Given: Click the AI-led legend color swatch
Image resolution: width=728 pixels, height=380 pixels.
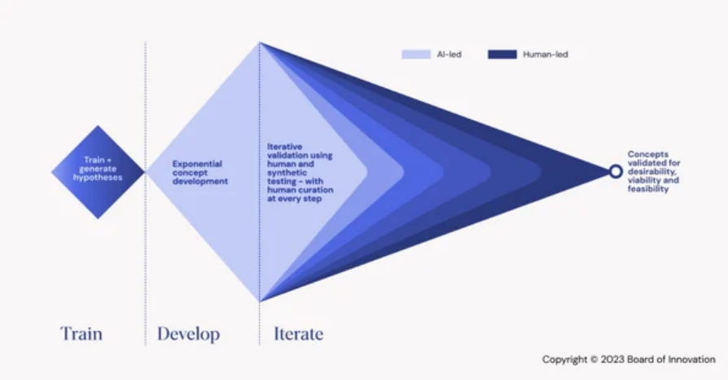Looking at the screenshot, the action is pyautogui.click(x=416, y=55).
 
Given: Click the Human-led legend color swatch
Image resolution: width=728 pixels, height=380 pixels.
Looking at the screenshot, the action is pyautogui.click(x=502, y=55).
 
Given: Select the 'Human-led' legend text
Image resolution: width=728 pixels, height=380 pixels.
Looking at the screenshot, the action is pyautogui.click(x=546, y=55).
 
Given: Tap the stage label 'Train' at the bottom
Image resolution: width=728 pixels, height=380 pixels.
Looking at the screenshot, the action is pyautogui.click(x=81, y=334).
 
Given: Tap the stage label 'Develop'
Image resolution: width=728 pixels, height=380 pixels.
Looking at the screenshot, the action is pyautogui.click(x=188, y=334).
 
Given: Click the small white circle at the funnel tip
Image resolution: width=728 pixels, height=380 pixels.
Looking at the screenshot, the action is pyautogui.click(x=616, y=171).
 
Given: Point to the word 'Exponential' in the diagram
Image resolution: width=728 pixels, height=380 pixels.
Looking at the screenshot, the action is pyautogui.click(x=196, y=163).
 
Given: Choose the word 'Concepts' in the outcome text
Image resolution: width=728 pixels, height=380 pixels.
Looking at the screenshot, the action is pyautogui.click(x=645, y=153).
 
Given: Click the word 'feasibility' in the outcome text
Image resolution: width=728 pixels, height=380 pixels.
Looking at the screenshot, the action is pyautogui.click(x=647, y=189).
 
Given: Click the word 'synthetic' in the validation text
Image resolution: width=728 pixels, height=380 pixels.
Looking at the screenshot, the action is pyautogui.click(x=284, y=172).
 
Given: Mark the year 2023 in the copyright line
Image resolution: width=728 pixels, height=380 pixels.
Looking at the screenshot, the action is pyautogui.click(x=611, y=360).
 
